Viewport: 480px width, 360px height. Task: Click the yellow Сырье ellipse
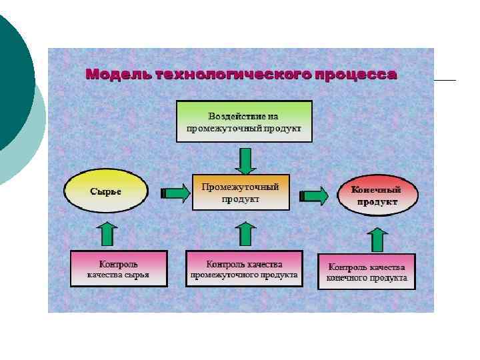[106, 191]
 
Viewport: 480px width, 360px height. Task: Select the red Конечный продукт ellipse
[377, 195]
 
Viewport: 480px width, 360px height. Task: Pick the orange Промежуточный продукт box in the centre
[241, 192]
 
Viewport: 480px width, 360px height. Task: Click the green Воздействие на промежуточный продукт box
[244, 121]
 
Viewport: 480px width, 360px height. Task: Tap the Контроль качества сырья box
[119, 269]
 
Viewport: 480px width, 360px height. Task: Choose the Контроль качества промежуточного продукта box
[244, 269]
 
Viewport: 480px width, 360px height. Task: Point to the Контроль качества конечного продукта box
[366, 272]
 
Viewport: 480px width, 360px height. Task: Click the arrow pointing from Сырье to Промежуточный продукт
[175, 193]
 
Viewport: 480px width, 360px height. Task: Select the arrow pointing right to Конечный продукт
[314, 195]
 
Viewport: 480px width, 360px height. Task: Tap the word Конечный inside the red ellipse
[377, 189]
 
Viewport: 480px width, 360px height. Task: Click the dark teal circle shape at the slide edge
[13, 80]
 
